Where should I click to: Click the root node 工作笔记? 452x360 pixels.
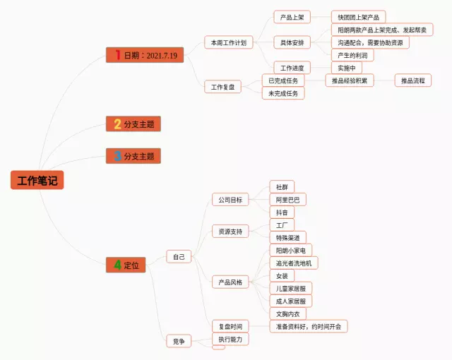click(37, 181)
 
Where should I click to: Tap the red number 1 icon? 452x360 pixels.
click(117, 54)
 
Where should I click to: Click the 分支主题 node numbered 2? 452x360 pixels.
click(134, 124)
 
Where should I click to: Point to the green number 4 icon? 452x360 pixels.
click(117, 265)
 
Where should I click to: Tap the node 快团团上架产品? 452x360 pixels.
click(359, 17)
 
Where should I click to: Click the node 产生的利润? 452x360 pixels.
click(352, 55)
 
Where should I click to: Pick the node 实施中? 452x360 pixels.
click(346, 68)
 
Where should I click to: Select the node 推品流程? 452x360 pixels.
click(413, 80)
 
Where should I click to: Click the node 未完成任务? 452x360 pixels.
click(283, 93)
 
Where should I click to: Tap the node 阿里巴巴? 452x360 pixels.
click(287, 200)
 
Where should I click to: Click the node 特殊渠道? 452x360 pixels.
click(287, 238)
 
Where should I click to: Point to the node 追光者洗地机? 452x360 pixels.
click(294, 263)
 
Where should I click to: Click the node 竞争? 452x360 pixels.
click(179, 341)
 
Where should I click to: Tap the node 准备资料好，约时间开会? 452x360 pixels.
click(309, 326)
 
